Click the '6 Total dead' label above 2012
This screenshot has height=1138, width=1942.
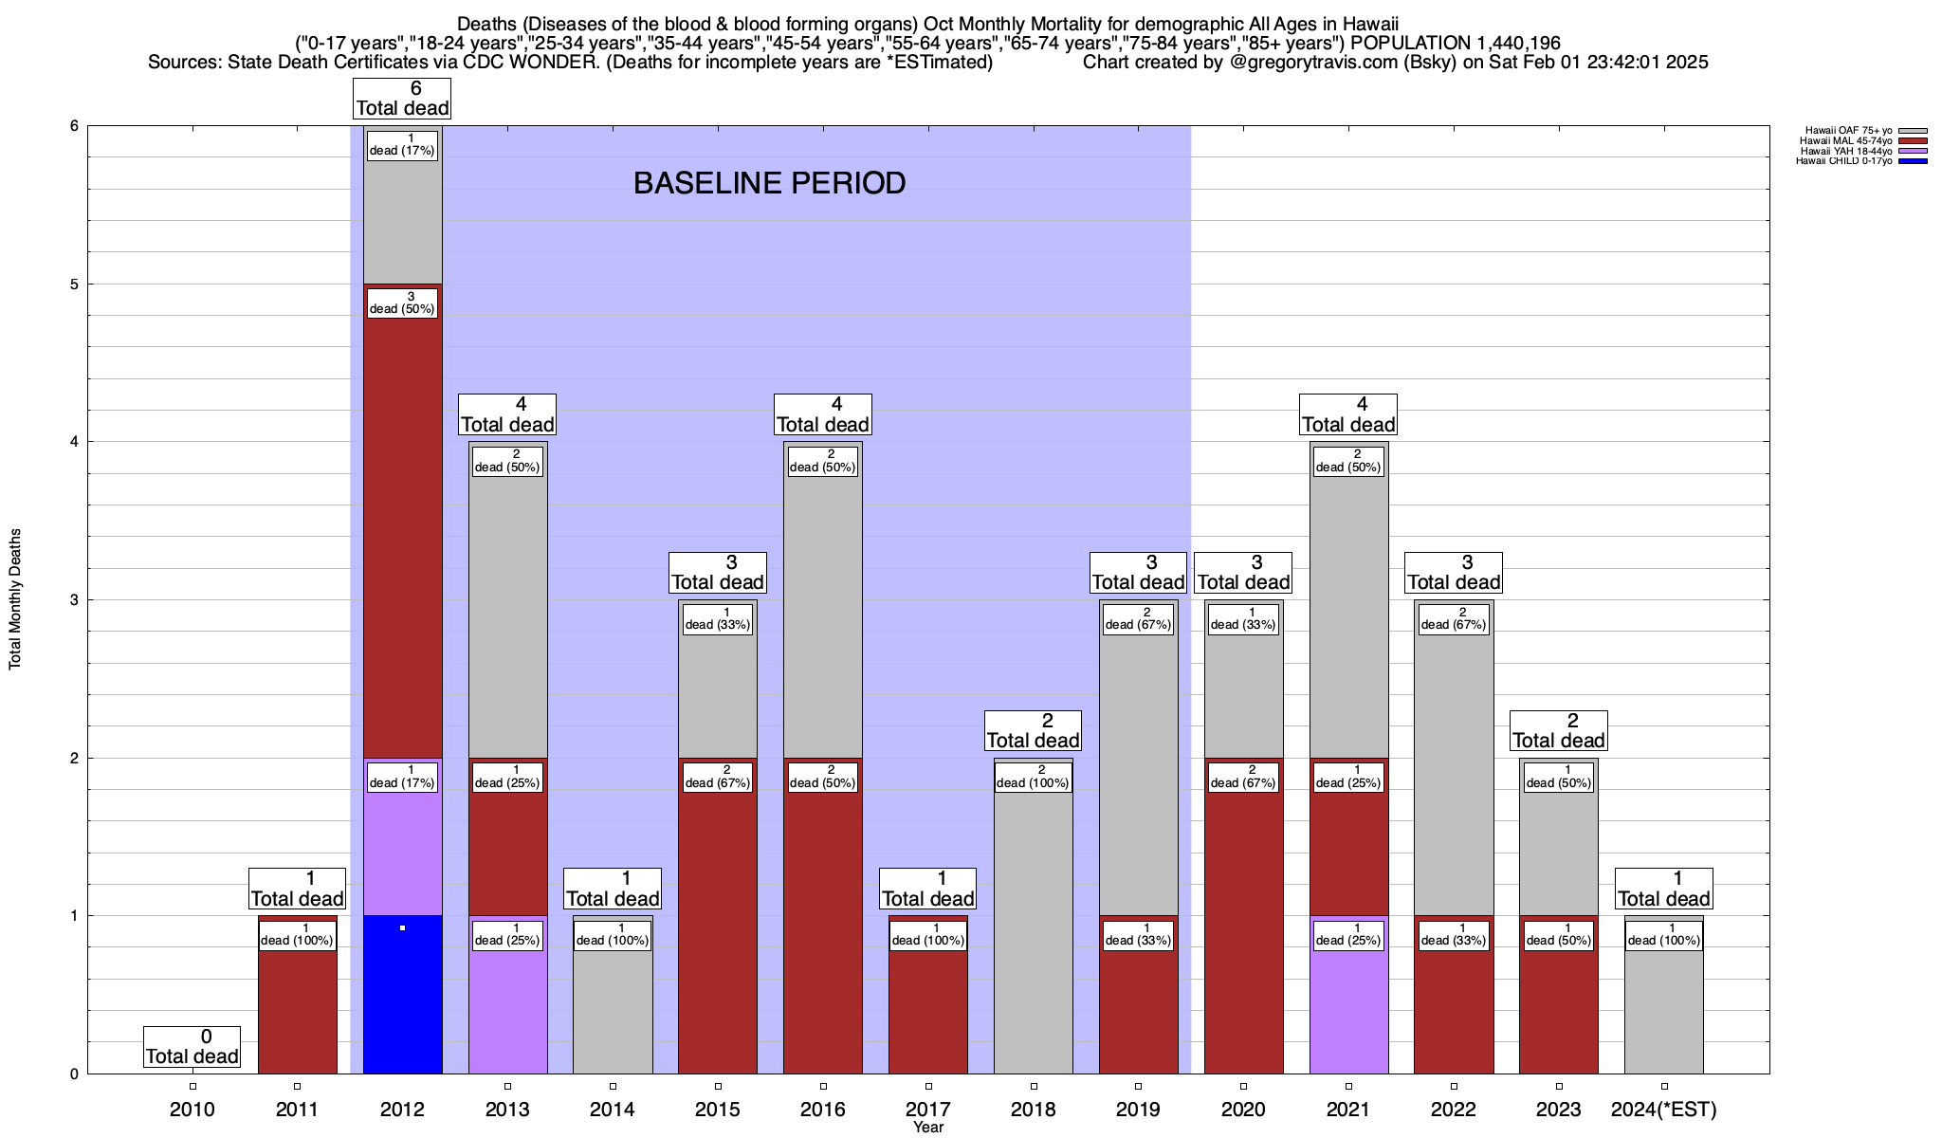click(402, 99)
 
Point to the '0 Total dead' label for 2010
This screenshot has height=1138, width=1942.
click(192, 1047)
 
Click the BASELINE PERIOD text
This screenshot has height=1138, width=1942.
click(769, 183)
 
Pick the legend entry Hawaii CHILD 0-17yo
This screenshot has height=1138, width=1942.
click(1843, 161)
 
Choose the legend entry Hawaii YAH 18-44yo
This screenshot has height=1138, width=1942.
click(1845, 151)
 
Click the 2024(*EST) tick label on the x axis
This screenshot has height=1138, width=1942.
click(1664, 1110)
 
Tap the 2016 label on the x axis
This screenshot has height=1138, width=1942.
click(823, 1110)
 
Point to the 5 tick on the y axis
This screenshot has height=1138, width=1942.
click(73, 284)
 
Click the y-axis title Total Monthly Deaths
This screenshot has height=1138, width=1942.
click(15, 599)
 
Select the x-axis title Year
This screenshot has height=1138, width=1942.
click(928, 1128)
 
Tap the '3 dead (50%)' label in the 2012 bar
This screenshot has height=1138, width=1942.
click(402, 303)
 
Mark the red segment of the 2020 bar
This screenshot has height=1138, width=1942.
click(1243, 929)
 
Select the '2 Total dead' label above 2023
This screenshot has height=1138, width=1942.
click(1558, 731)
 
